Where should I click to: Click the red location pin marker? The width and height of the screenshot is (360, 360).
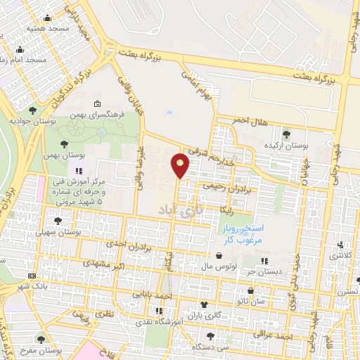181,165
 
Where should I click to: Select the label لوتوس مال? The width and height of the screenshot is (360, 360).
216,267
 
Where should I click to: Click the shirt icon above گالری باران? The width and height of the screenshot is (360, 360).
204,304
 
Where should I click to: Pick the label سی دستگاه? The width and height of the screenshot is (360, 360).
233,347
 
